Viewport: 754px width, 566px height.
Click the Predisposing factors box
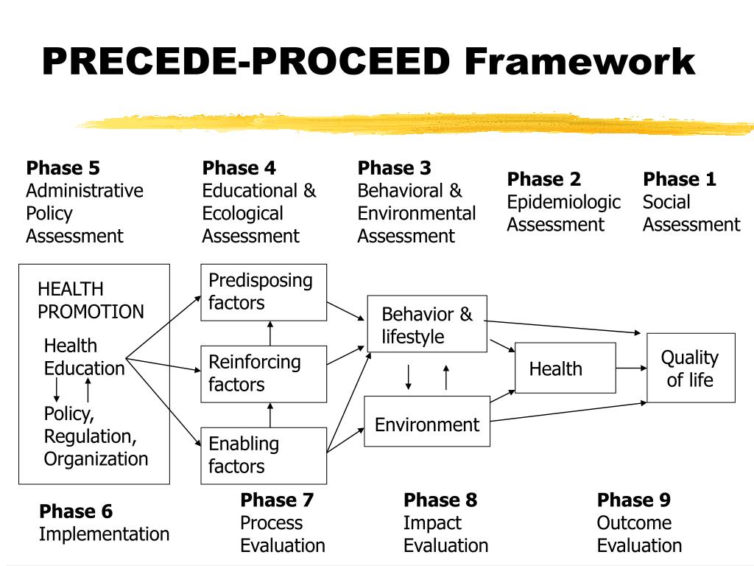pos(264,292)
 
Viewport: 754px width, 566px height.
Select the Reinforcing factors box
pos(264,374)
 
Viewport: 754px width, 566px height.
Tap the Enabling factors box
pos(264,455)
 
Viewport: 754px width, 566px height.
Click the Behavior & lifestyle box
pos(427,325)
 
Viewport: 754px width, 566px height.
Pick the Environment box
pos(427,422)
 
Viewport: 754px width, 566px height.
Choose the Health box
pos(565,368)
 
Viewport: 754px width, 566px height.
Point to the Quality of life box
pos(691,368)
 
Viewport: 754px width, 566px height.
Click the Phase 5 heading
pos(63,168)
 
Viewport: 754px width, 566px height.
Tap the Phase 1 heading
pos(679,179)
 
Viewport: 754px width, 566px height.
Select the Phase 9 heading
pos(633,500)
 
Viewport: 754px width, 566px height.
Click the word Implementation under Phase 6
pos(104,534)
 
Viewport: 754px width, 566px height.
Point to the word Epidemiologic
pos(563,202)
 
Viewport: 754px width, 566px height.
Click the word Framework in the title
pos(579,62)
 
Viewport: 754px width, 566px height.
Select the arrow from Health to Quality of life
pos(631,368)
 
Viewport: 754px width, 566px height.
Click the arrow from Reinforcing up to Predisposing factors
pos(270,333)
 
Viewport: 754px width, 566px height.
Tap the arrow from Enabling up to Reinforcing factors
pos(270,415)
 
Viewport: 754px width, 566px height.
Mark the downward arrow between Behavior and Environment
pos(409,377)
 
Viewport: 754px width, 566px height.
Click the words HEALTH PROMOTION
pos(91,301)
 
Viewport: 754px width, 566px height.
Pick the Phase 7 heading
pos(277,500)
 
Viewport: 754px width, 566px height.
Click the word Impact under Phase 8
pos(432,523)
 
